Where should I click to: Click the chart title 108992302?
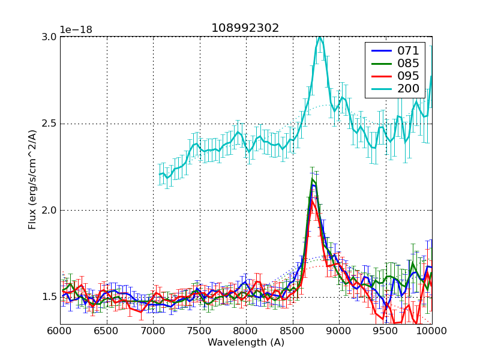(245, 28)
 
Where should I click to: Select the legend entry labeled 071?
(408, 50)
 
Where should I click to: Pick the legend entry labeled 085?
(408, 63)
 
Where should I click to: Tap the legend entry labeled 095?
(408, 76)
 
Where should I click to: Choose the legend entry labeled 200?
(408, 89)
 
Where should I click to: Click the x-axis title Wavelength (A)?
(246, 343)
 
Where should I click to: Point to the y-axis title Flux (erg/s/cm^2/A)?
(32, 180)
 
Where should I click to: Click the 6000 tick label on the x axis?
(60, 331)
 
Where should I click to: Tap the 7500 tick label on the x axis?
(200, 331)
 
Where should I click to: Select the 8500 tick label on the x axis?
(293, 331)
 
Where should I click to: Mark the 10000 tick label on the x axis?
(432, 331)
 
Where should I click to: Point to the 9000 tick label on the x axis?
(339, 331)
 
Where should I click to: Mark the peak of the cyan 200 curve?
(320, 37)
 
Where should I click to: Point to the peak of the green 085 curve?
(313, 179)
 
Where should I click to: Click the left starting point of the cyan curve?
(160, 174)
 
